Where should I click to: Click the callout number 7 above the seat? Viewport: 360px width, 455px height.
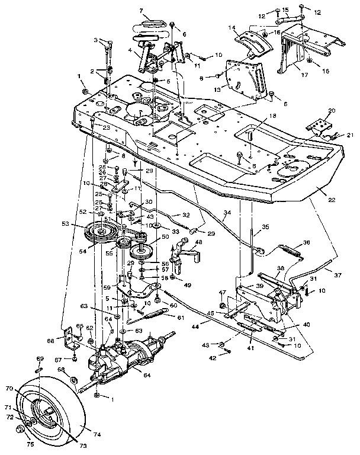pos(142,11)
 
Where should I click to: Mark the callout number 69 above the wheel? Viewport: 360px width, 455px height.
pos(40,359)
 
